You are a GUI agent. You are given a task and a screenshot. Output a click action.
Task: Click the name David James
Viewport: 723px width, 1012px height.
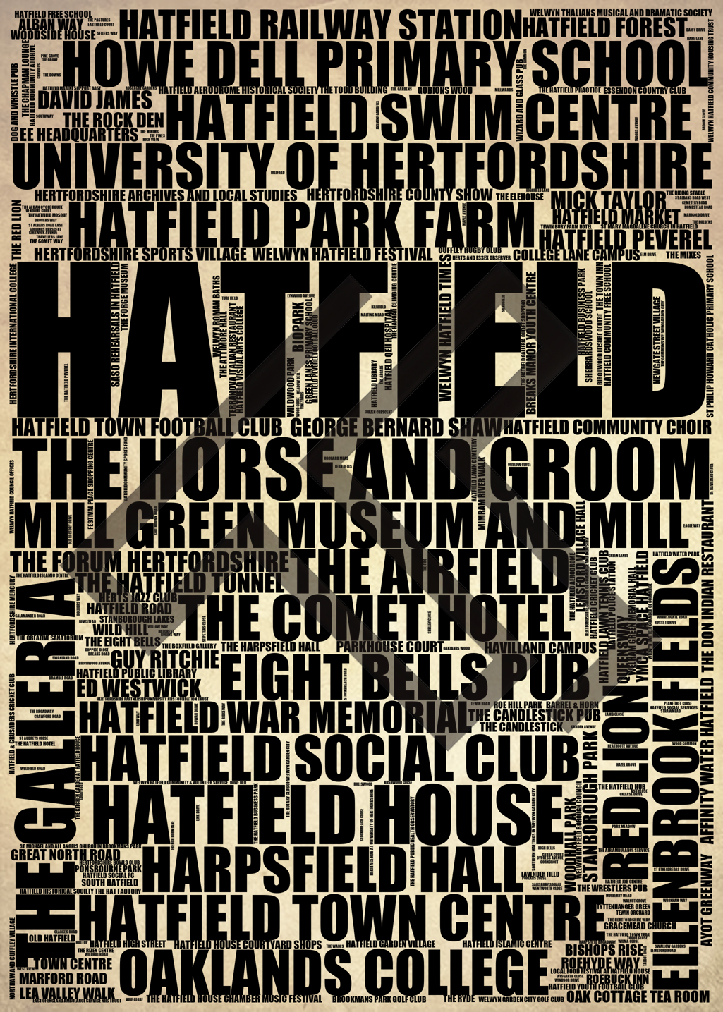coord(95,99)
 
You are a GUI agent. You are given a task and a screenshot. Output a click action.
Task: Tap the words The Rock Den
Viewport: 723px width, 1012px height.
coord(113,119)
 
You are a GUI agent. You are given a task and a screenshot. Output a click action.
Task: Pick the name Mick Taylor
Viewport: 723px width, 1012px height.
coord(608,200)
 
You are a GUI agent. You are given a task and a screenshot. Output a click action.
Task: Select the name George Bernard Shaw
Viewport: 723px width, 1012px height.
coord(395,427)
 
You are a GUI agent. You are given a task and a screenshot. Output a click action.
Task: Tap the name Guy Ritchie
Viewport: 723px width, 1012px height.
coord(165,659)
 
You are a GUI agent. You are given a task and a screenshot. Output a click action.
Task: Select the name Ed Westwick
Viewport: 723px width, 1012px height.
coord(140,687)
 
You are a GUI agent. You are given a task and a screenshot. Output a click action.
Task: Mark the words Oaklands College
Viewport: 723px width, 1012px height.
coord(335,970)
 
